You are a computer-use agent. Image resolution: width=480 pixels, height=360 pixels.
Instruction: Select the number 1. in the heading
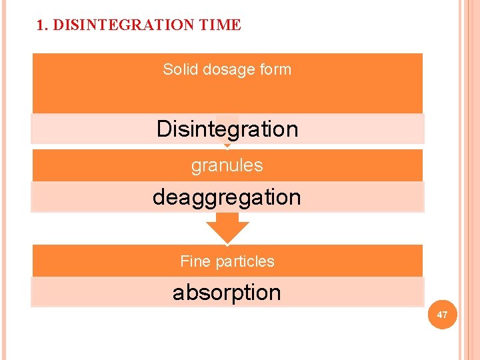43,25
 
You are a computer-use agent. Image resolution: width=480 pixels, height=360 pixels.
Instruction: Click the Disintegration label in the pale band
227,128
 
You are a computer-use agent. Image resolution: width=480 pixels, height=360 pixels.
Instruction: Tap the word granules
227,165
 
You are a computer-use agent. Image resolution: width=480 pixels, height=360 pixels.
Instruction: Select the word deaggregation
227,197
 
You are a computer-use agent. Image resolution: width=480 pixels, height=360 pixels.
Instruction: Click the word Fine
195,261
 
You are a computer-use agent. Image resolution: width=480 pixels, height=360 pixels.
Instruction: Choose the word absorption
227,292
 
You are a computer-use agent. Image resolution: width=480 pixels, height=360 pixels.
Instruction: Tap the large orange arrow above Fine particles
227,228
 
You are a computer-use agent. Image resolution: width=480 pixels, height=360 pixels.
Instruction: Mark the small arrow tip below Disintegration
227,145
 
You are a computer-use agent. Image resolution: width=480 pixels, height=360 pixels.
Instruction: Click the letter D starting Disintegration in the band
164,128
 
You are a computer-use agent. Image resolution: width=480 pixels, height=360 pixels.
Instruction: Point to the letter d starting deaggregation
158,197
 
